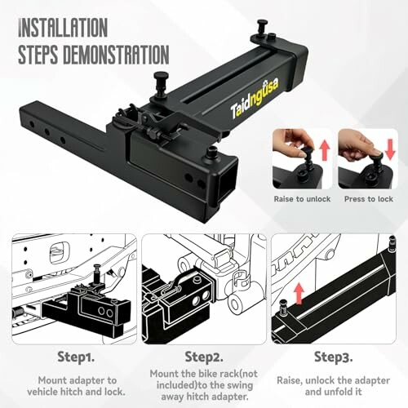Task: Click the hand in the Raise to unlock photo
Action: pos(290,139)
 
